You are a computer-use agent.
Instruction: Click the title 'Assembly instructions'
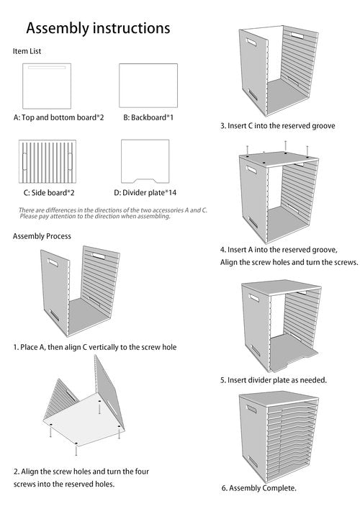pyautogui.click(x=98, y=28)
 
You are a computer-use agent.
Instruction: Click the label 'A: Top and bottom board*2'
pyautogui.click(x=58, y=117)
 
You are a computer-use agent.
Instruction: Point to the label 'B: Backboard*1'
pyautogui.click(x=148, y=117)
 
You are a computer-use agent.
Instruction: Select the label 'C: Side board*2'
pyautogui.click(x=49, y=192)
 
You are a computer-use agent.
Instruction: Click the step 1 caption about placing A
pyautogui.click(x=94, y=347)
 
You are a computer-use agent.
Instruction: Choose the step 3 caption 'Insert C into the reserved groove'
pyautogui.click(x=277, y=125)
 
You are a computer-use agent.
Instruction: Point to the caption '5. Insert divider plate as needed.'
pyautogui.click(x=274, y=379)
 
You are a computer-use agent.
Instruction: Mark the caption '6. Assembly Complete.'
pyautogui.click(x=258, y=488)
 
